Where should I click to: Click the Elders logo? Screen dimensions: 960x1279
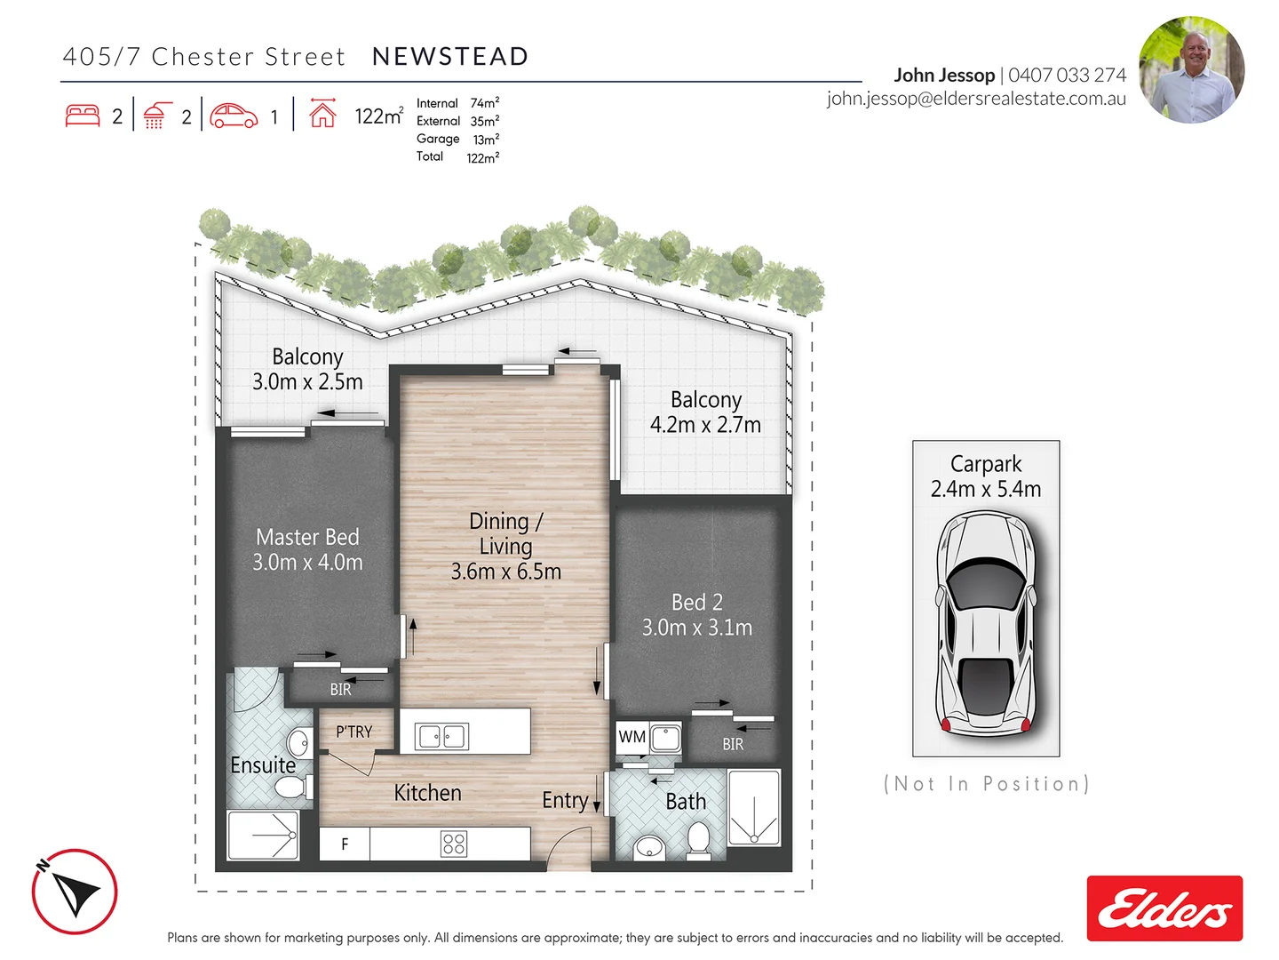[x=1164, y=908]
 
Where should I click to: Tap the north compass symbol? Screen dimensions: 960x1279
[x=75, y=892]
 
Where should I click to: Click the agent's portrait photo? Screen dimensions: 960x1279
[x=1191, y=69]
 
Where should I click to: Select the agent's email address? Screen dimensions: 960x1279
[x=976, y=99]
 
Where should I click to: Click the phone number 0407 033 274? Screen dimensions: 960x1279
[x=1067, y=76]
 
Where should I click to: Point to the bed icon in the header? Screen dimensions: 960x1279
[x=83, y=116]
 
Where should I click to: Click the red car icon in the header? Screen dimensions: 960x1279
[x=234, y=116]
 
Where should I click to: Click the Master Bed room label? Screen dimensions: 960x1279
[x=307, y=537]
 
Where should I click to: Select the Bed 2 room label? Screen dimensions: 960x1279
[x=696, y=603]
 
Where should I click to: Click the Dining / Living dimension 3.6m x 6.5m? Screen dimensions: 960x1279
[x=505, y=572]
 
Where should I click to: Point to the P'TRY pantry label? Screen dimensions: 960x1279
[x=354, y=732]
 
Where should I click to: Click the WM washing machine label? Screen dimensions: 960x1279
[x=632, y=737]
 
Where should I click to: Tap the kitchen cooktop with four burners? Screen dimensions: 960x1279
[x=454, y=844]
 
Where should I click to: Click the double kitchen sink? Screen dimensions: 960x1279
[x=441, y=736]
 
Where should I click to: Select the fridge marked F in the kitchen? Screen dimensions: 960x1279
[x=345, y=844]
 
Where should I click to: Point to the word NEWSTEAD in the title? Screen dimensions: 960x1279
[x=450, y=57]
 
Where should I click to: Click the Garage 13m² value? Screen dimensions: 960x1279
[x=486, y=140]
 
